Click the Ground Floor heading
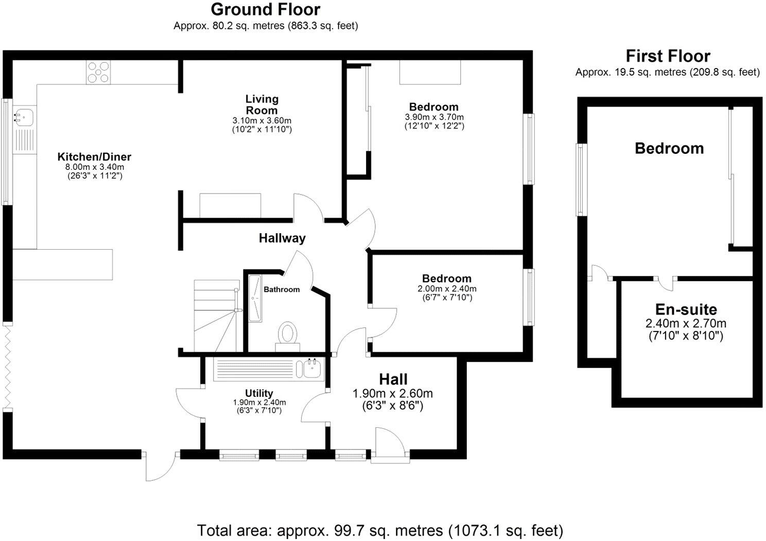[x=265, y=10]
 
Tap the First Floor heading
[x=668, y=56]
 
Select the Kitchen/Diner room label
[x=94, y=157]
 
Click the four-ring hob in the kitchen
[x=98, y=72]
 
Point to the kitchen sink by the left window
[x=24, y=117]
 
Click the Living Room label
[x=262, y=104]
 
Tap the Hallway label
[x=282, y=238]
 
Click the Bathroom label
[x=282, y=289]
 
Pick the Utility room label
[x=259, y=393]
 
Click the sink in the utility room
[x=312, y=369]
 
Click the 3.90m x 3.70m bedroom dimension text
[x=434, y=117]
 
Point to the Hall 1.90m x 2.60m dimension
[x=392, y=394]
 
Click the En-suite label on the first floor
[x=686, y=309]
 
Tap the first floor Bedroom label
[x=669, y=149]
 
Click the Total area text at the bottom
[x=380, y=530]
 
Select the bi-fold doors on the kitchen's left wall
[x=7, y=366]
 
